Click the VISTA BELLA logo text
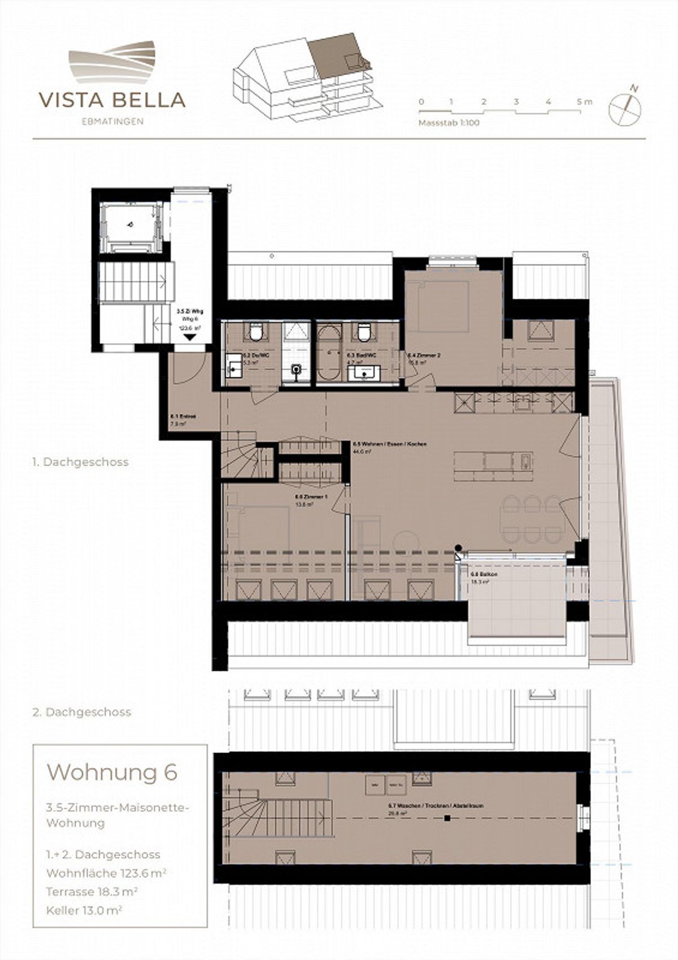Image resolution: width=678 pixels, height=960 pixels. [112, 100]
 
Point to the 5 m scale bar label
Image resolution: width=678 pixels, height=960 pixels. [584, 102]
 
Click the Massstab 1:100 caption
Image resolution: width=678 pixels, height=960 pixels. [449, 123]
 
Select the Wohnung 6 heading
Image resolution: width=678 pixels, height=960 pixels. [112, 772]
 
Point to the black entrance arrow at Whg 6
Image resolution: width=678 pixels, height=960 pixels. [189, 337]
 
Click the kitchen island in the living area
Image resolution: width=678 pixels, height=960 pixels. [494, 462]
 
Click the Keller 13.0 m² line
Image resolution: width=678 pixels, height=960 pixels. [85, 910]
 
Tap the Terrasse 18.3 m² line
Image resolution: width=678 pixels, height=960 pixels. [92, 892]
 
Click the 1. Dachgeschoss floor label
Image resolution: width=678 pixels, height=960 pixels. [80, 462]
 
